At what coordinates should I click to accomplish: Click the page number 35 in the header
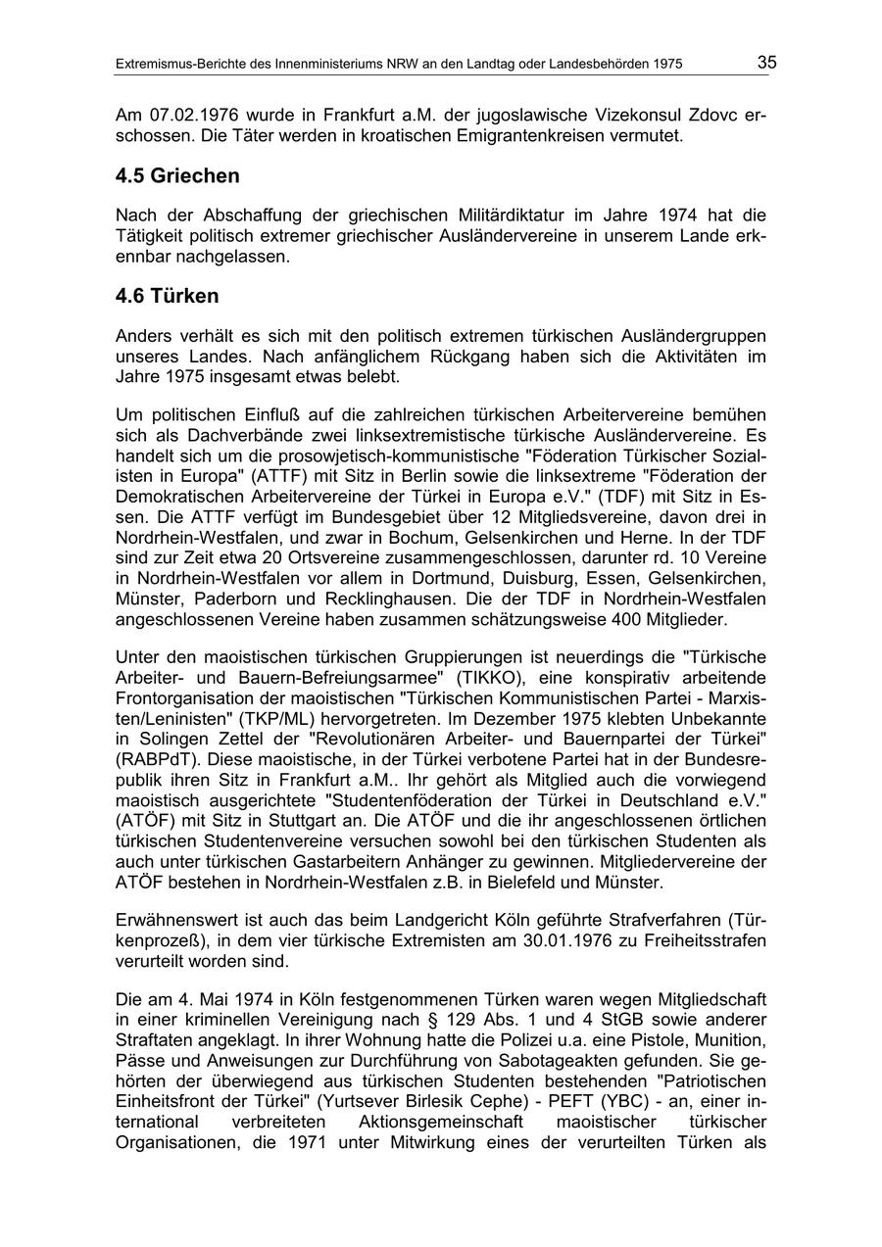(765, 63)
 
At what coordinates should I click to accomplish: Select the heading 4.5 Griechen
(177, 176)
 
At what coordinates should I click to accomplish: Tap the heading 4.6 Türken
(167, 295)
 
